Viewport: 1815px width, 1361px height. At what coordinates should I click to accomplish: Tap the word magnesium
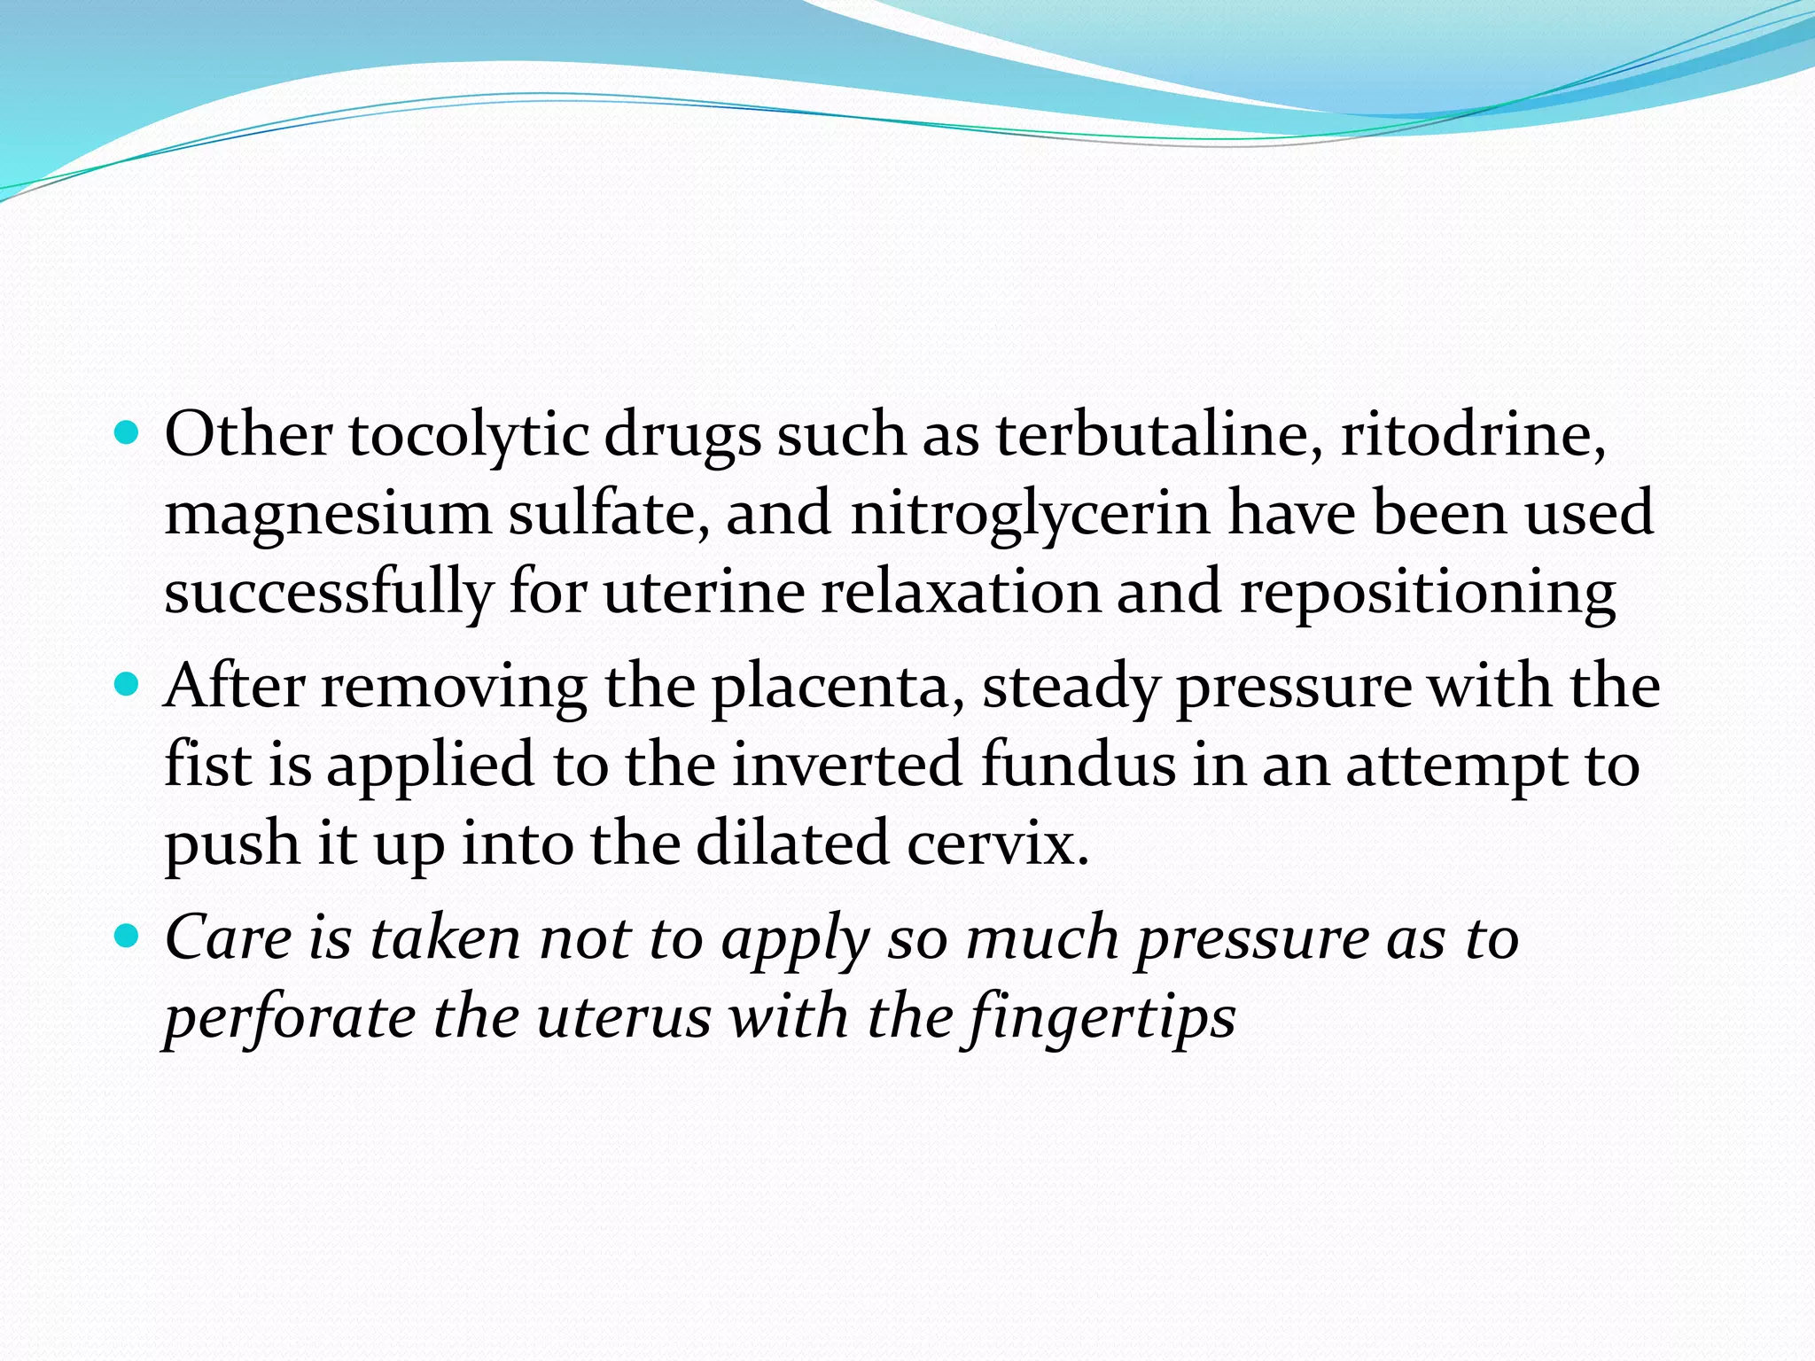click(327, 515)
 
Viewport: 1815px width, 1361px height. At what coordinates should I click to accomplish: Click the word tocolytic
click(468, 437)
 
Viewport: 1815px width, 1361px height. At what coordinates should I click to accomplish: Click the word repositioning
click(1427, 593)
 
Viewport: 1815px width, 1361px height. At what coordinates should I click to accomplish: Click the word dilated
click(792, 844)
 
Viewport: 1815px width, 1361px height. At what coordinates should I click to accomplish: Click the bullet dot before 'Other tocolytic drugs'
click(128, 434)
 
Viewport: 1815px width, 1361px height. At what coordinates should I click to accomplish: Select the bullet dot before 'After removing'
click(128, 685)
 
